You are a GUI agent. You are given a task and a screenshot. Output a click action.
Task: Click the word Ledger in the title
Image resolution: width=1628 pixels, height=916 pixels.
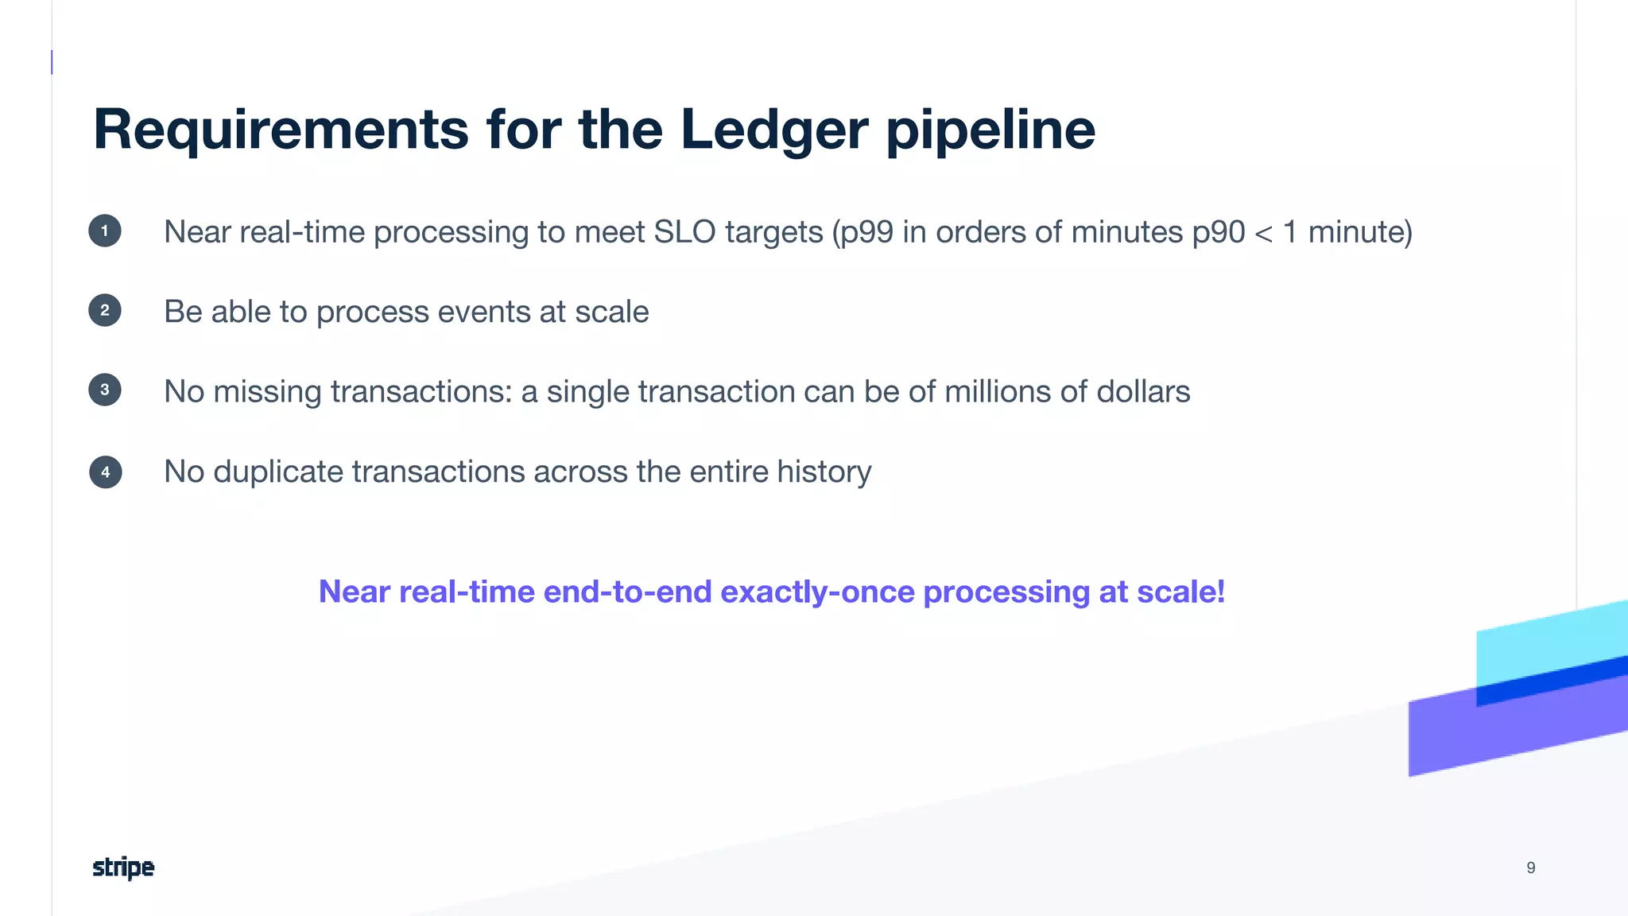pyautogui.click(x=773, y=129)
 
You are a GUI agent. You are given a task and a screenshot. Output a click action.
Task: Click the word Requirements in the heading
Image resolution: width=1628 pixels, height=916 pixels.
pyautogui.click(x=281, y=129)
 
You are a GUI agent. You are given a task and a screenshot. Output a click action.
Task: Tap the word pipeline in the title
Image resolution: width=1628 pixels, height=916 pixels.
pyautogui.click(x=990, y=129)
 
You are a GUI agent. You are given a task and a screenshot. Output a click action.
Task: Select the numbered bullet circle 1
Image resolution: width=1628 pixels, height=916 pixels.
pyautogui.click(x=105, y=231)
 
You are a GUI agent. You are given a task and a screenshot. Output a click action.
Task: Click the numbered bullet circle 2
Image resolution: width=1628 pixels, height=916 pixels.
pyautogui.click(x=105, y=310)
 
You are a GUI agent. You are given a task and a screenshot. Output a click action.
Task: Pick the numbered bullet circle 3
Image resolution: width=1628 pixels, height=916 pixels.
pyautogui.click(x=105, y=390)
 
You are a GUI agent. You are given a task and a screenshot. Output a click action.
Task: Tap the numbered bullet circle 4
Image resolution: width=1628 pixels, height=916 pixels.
pyautogui.click(x=105, y=472)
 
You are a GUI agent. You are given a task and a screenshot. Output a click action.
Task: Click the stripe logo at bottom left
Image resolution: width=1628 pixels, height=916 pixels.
pyautogui.click(x=123, y=867)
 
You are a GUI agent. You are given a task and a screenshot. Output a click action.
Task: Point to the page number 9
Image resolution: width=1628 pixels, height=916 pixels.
pyautogui.click(x=1530, y=867)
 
